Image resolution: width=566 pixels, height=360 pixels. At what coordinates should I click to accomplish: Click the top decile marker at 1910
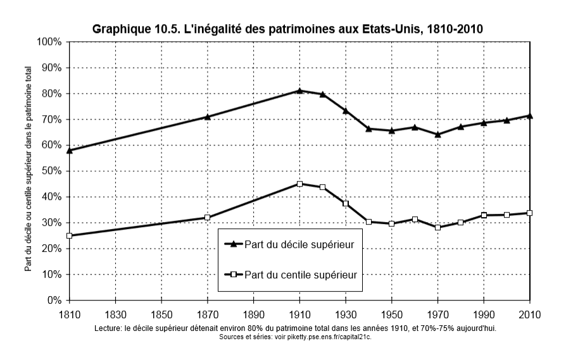point(299,90)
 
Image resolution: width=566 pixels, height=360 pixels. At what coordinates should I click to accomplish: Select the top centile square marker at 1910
point(299,184)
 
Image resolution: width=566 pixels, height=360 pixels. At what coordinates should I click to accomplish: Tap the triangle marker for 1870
point(207,116)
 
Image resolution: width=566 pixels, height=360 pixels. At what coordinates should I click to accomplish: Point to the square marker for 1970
point(437,227)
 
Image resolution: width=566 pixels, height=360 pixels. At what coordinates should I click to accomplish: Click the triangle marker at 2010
point(529,115)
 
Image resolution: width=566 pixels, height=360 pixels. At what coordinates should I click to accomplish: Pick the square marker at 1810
point(69,236)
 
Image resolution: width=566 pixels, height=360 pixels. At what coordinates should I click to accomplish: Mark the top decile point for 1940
point(368,128)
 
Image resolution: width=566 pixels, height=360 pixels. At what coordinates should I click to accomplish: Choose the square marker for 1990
point(484,215)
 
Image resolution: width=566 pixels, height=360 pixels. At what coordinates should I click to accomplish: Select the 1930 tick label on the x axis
point(346,314)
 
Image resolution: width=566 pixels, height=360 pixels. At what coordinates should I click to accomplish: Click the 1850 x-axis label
point(161,314)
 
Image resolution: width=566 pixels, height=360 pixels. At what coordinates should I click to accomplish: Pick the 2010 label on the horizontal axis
point(529,314)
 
